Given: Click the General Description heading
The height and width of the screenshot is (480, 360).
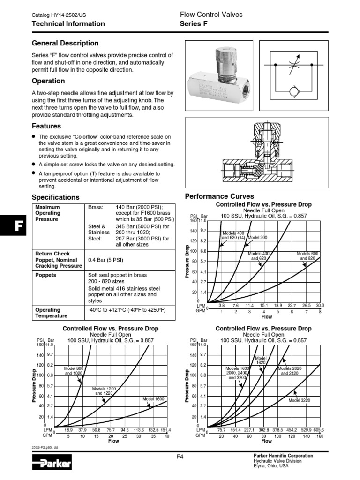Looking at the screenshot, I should point(65,43).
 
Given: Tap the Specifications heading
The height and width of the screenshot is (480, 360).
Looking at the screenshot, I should point(55,197).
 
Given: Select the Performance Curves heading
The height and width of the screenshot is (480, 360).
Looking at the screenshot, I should point(219,196).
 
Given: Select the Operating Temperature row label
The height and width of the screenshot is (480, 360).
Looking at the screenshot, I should point(48,313).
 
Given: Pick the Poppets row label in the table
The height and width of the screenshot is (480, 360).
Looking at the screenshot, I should point(46,275).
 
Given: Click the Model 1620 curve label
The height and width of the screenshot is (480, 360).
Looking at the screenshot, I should point(261,360).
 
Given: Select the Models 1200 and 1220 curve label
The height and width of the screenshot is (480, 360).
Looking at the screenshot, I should point(105,391).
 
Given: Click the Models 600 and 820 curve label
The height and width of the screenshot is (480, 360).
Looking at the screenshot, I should point(307,256).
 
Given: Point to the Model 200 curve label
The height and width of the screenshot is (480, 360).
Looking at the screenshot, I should point(256,238).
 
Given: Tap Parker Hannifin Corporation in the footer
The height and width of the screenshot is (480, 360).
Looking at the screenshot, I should point(283,456).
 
